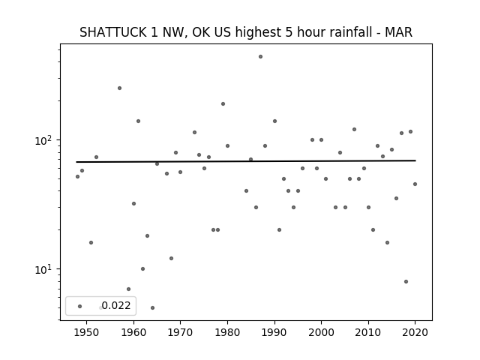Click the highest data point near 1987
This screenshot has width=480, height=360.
(260, 57)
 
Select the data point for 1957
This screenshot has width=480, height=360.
(120, 88)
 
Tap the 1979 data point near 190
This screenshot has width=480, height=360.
(223, 104)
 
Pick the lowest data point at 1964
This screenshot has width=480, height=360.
(152, 308)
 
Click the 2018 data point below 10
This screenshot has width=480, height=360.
(406, 282)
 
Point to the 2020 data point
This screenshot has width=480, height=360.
(415, 184)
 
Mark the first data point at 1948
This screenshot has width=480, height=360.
(77, 177)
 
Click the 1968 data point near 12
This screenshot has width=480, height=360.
(172, 258)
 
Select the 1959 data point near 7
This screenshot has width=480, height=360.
(128, 289)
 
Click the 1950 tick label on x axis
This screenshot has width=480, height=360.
(87, 332)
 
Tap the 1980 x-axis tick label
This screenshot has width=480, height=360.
(227, 332)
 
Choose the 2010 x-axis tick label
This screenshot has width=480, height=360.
(368, 332)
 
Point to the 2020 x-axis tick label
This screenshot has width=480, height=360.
(415, 332)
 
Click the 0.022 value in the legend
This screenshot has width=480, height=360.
(116, 305)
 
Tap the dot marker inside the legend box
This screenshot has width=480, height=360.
(80, 307)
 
